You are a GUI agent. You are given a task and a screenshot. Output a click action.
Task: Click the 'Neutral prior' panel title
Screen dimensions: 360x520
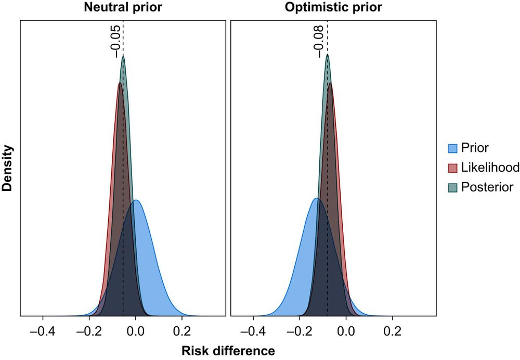click(x=123, y=8)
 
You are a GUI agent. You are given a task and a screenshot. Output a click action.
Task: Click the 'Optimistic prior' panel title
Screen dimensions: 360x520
click(x=333, y=8)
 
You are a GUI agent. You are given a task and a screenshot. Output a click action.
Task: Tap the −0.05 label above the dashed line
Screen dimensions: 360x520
click(x=115, y=40)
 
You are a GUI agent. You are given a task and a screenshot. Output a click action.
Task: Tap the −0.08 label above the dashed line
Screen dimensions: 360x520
click(x=319, y=40)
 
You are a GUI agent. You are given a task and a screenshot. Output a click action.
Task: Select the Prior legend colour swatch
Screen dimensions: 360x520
click(x=452, y=148)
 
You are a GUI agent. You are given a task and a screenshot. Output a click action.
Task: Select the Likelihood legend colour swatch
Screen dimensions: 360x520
click(x=452, y=168)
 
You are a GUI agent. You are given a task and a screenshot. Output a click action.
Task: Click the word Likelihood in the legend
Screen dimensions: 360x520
click(x=490, y=168)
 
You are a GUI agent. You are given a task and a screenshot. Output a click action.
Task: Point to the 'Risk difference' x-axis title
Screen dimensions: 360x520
click(x=228, y=351)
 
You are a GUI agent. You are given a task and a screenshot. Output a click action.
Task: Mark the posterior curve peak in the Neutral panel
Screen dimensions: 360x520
click(x=123, y=57)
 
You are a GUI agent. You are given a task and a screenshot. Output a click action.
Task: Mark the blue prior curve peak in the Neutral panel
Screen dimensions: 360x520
click(x=136, y=200)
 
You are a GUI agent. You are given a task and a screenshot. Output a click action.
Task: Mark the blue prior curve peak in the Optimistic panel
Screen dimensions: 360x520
click(x=316, y=198)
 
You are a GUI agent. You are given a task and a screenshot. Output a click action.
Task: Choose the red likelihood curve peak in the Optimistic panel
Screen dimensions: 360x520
click(x=331, y=83)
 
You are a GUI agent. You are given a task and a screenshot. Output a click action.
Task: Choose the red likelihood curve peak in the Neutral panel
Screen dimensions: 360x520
click(x=120, y=83)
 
